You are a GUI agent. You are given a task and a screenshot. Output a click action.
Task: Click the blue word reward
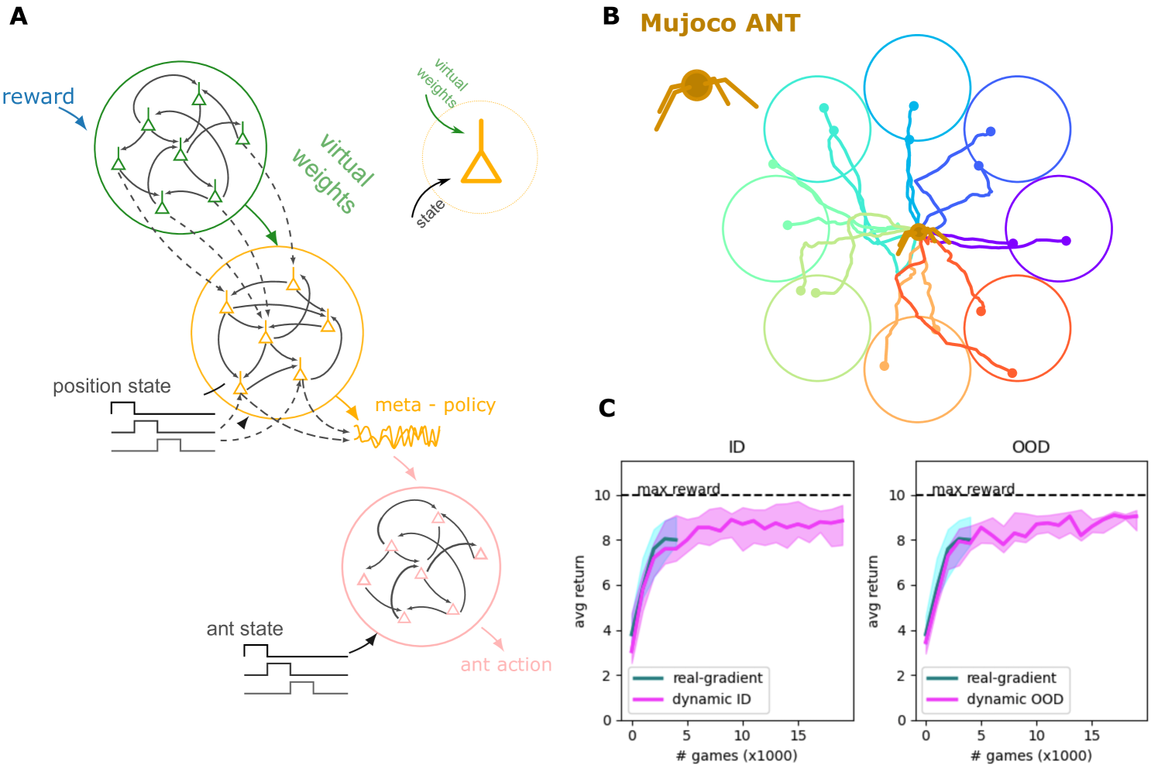[x=38, y=97]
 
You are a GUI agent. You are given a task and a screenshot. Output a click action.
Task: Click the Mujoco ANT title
[x=720, y=23]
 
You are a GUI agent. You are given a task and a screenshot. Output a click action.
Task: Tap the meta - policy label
[x=435, y=405]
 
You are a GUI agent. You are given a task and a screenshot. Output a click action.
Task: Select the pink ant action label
[x=506, y=665]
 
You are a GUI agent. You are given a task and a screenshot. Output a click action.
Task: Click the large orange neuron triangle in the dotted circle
[x=481, y=166]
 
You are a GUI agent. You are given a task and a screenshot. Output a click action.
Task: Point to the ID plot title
[x=737, y=447]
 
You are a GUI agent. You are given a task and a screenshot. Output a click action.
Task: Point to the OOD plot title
[x=1030, y=447]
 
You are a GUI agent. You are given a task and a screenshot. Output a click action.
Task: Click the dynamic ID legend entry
[x=711, y=699]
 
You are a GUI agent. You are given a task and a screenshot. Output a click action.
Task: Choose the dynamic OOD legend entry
[x=1015, y=699]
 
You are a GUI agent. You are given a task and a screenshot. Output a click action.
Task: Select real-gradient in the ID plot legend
[x=717, y=677]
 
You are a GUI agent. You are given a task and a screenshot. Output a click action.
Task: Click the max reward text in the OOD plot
[x=973, y=489]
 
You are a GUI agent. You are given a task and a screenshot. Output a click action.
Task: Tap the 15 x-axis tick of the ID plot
[x=798, y=736]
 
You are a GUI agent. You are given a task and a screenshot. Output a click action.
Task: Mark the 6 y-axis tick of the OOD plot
[x=901, y=585]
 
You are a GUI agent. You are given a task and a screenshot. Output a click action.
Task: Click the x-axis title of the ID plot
[x=736, y=756]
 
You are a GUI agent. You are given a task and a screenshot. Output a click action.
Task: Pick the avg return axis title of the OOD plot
[x=874, y=592]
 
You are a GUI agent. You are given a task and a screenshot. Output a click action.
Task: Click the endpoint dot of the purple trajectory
[x=1066, y=241]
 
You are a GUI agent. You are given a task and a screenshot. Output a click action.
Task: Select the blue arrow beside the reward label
[x=74, y=118]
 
